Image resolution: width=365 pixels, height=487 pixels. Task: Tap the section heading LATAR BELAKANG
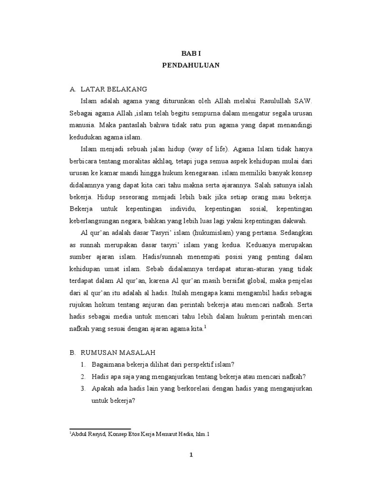click(114, 89)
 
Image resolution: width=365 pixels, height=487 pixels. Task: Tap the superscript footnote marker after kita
click(206, 327)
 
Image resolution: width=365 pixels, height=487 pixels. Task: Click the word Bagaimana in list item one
click(109, 364)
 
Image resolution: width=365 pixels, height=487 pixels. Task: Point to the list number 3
click(82, 389)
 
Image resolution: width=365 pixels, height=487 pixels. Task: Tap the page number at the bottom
click(191, 455)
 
